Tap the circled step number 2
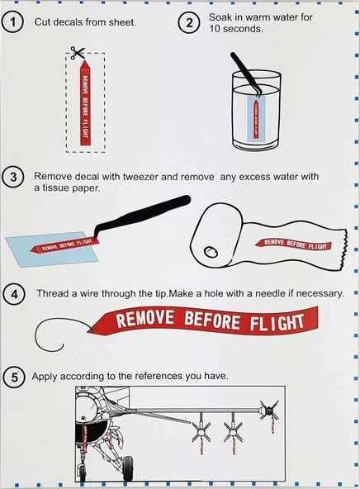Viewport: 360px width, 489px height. click(189, 23)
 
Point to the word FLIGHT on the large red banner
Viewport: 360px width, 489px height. click(273, 321)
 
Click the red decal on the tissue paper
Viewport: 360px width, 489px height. click(295, 242)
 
